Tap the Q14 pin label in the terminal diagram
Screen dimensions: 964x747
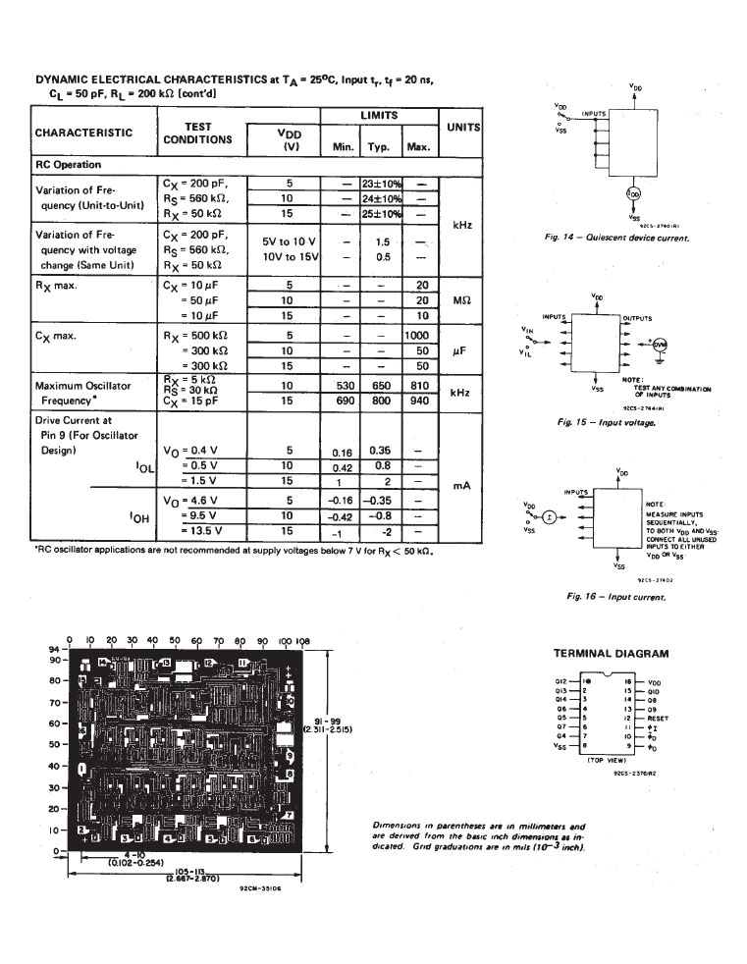click(x=562, y=698)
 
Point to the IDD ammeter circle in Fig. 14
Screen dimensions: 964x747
click(x=634, y=193)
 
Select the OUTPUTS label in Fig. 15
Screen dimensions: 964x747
click(x=638, y=317)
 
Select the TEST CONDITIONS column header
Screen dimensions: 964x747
click(x=197, y=133)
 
